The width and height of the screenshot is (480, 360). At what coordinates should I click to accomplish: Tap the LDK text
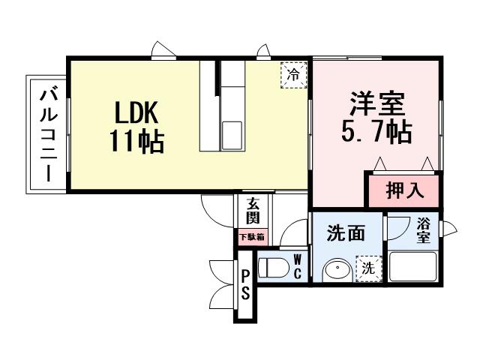point(135,112)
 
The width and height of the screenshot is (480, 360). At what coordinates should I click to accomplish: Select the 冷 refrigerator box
point(294,75)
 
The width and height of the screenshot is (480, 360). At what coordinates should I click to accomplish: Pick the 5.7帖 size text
point(376,133)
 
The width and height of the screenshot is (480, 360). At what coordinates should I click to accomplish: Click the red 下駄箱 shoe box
point(252,237)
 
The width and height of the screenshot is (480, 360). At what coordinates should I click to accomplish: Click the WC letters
point(297,266)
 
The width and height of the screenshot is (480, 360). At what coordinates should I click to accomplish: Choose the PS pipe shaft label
point(244,283)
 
